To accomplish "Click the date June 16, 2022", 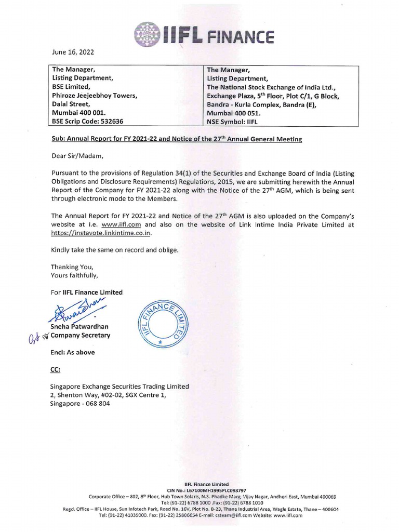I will coord(72,52).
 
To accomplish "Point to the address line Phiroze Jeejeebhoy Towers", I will coord(95,95).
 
